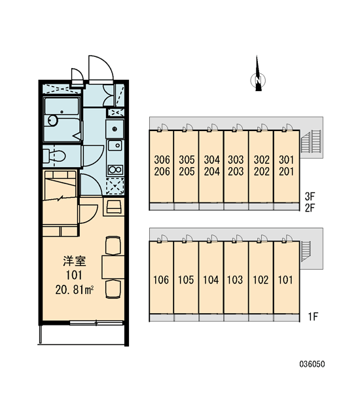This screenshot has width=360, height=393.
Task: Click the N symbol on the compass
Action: [x=259, y=80]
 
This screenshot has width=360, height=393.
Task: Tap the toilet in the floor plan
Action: [x=54, y=156]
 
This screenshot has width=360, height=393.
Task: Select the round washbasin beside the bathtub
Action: [x=52, y=121]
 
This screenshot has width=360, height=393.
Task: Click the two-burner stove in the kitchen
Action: [x=115, y=170]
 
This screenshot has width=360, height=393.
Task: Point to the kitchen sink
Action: [x=115, y=145]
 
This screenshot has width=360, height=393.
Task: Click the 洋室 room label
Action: [x=75, y=261]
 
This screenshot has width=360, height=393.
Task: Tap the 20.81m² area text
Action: [x=75, y=290]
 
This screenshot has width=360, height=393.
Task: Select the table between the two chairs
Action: [x=113, y=267]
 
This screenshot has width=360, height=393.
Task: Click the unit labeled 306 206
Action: [x=162, y=166]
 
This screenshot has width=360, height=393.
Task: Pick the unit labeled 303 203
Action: [x=236, y=166]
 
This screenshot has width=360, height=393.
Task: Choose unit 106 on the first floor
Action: [x=162, y=278]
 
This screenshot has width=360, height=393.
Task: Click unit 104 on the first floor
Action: [x=211, y=278]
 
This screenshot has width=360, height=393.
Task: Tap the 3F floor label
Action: [x=310, y=196]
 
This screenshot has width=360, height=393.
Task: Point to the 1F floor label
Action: [x=313, y=317]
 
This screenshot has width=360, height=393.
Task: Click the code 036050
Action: [x=312, y=364]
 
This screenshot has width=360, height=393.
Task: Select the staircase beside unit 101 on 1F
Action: [x=306, y=251]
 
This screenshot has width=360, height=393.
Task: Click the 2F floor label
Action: [x=310, y=208]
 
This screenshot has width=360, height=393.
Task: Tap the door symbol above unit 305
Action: [x=187, y=128]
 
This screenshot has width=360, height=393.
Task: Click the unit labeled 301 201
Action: [x=286, y=166]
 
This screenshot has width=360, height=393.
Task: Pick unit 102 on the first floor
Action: [x=261, y=278]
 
